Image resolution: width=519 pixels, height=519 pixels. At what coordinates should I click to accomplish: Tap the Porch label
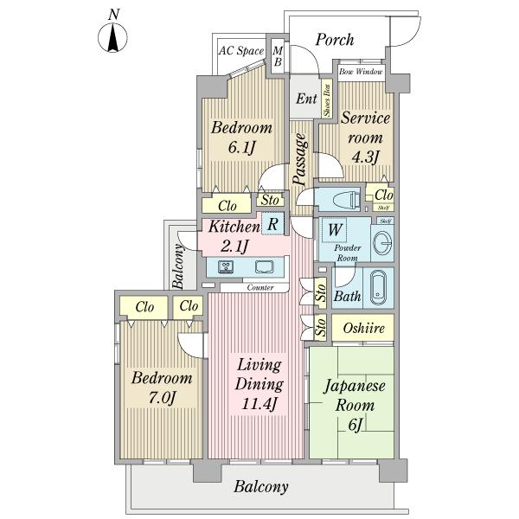click(x=336, y=39)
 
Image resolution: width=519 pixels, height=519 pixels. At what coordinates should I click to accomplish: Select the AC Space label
click(x=240, y=51)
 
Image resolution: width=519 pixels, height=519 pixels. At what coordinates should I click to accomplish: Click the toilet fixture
click(x=343, y=199)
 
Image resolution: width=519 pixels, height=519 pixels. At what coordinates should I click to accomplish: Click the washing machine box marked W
click(x=332, y=231)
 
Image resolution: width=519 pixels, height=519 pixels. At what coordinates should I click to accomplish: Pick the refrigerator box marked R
click(x=272, y=224)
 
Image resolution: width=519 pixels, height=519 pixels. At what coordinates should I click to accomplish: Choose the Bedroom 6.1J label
click(x=242, y=137)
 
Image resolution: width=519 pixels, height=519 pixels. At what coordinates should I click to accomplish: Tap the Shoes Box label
click(x=327, y=100)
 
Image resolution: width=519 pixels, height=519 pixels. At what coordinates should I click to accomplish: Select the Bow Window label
click(x=361, y=72)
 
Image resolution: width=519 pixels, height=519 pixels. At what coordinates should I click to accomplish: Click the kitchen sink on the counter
click(x=264, y=266)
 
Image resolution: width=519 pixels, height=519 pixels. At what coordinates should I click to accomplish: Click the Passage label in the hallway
click(x=299, y=159)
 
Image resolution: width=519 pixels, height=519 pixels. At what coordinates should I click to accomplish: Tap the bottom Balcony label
click(x=260, y=486)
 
